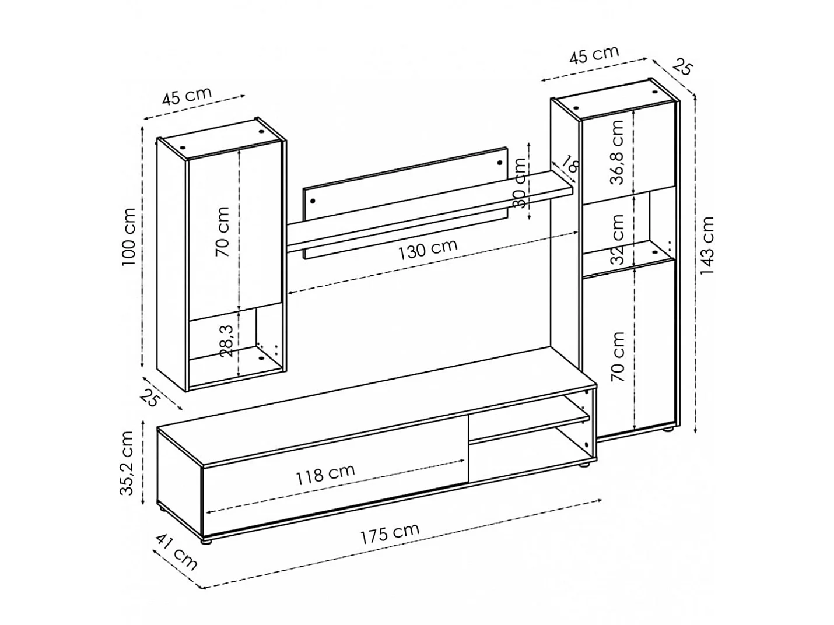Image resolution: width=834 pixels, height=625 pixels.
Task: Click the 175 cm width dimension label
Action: (x=390, y=533)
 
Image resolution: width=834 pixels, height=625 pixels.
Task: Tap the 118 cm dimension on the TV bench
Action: (x=325, y=474)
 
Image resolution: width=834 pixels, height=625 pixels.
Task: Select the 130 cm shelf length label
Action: (x=427, y=250)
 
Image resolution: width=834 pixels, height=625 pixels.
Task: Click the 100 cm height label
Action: (x=129, y=237)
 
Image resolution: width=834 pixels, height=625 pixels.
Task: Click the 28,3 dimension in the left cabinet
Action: (x=227, y=341)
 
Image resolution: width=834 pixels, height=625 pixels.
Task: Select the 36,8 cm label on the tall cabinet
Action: (x=616, y=152)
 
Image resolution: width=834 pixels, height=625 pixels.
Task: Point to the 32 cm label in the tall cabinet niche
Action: (x=616, y=239)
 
